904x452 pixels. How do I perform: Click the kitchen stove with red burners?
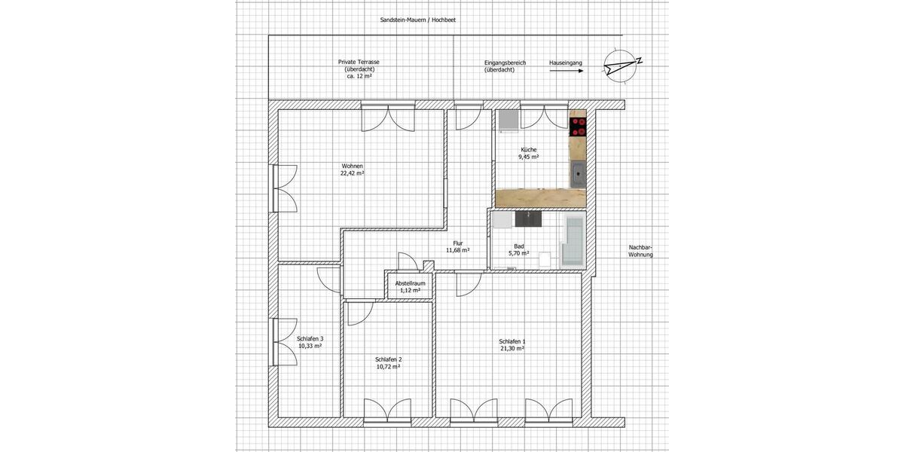pyautogui.click(x=578, y=126)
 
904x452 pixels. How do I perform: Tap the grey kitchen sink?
pyautogui.click(x=577, y=173)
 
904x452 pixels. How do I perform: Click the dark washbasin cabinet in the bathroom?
pyautogui.click(x=527, y=219)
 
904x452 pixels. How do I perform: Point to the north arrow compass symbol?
pyautogui.click(x=621, y=66)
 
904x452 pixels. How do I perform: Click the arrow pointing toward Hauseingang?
pyautogui.click(x=566, y=72)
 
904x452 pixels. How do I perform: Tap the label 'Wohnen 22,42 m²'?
pyautogui.click(x=353, y=169)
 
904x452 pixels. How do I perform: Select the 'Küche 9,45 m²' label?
pyautogui.click(x=527, y=154)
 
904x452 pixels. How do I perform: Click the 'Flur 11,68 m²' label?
pyautogui.click(x=457, y=246)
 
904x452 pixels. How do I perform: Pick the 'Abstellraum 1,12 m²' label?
pyautogui.click(x=411, y=286)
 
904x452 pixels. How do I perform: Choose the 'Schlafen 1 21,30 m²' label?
pyautogui.click(x=512, y=345)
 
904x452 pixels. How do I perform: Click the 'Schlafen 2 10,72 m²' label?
pyautogui.click(x=388, y=362)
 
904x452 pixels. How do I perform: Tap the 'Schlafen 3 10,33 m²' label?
pyautogui.click(x=310, y=342)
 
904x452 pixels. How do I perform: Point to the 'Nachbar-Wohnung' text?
pyautogui.click(x=640, y=251)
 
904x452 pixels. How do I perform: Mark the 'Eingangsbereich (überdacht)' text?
pyautogui.click(x=505, y=66)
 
